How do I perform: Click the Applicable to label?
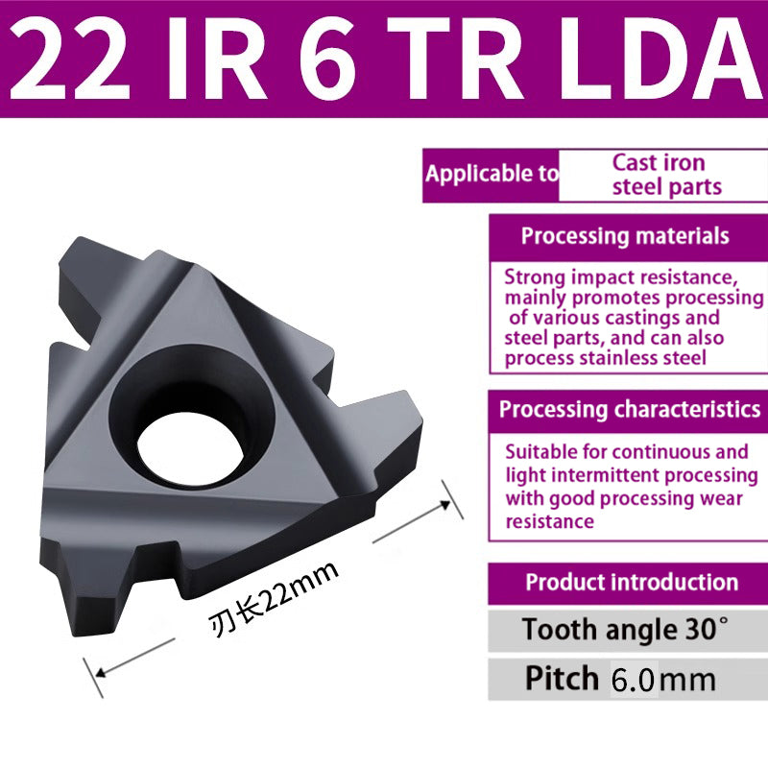click(x=491, y=174)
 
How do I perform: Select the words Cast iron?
click(x=659, y=162)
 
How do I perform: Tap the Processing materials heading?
click(x=625, y=236)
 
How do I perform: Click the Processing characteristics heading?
click(x=630, y=409)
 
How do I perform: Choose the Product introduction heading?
click(x=632, y=582)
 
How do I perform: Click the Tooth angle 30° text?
click(x=625, y=631)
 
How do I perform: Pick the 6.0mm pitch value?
click(x=662, y=680)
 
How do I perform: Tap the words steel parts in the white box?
click(x=666, y=186)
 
